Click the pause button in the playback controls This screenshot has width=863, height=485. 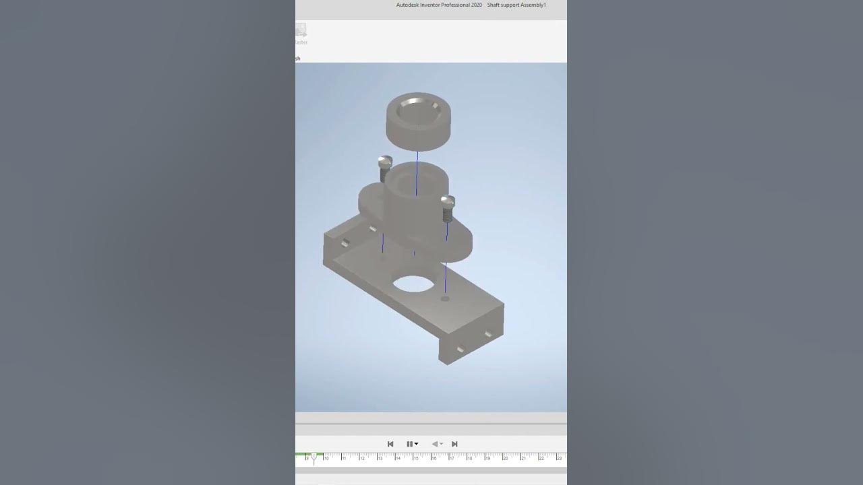click(x=409, y=444)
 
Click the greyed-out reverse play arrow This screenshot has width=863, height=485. click(x=435, y=444)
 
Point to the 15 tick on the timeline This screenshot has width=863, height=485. click(x=415, y=458)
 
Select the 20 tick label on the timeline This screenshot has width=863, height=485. click(x=505, y=458)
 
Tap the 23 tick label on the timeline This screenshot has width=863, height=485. click(x=559, y=458)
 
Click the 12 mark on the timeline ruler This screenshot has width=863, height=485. click(x=362, y=458)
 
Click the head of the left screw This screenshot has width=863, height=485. click(x=384, y=162)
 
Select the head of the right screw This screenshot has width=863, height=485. click(x=447, y=201)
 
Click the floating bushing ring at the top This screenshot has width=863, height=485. click(x=418, y=121)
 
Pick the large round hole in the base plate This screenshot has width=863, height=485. click(x=413, y=284)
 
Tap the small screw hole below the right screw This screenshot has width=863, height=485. click(x=444, y=298)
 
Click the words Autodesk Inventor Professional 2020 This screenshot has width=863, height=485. click(x=439, y=5)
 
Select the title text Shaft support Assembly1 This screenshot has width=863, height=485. click(x=516, y=5)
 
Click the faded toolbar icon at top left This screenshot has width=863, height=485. click(x=301, y=30)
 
